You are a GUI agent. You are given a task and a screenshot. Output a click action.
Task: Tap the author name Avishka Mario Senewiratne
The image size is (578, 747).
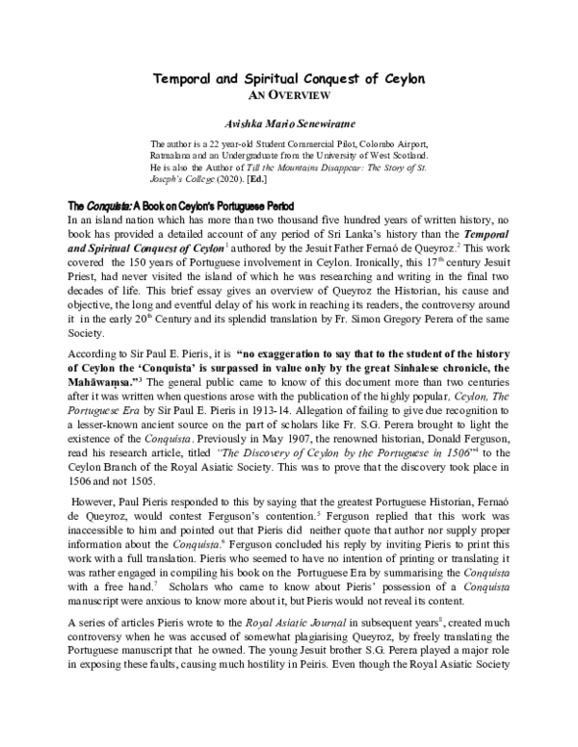[x=289, y=123]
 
